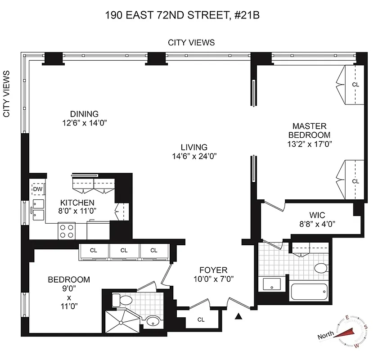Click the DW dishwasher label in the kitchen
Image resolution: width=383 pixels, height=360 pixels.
click(x=38, y=189)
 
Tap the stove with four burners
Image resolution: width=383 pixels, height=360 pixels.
click(x=67, y=231)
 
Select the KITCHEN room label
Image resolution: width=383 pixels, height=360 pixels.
click(x=78, y=202)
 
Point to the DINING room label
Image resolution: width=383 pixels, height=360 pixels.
click(x=84, y=114)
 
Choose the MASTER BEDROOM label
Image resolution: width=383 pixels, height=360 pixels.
click(x=309, y=130)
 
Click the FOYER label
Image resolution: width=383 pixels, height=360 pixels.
click(x=214, y=270)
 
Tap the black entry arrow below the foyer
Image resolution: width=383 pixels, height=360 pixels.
click(x=239, y=317)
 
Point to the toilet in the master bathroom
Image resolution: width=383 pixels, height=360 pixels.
click(x=320, y=269)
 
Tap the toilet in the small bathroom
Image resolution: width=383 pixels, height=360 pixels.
click(x=116, y=298)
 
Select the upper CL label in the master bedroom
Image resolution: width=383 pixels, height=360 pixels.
click(x=356, y=84)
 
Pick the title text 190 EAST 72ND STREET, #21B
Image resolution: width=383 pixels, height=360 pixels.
click(x=183, y=15)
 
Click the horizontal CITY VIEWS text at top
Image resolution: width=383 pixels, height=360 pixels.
click(x=191, y=43)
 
